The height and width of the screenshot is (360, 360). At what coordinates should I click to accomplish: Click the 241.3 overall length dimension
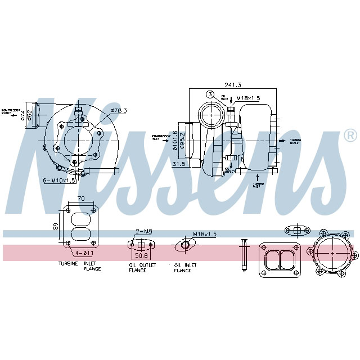(x=233, y=85)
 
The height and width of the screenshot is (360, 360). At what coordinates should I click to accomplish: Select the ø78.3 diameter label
(x=119, y=110)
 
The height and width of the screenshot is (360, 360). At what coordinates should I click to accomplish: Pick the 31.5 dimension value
(x=179, y=164)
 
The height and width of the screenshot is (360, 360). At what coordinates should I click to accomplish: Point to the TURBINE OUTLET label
(x=295, y=141)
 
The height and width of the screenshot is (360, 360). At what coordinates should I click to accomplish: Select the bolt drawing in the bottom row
(x=244, y=254)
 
